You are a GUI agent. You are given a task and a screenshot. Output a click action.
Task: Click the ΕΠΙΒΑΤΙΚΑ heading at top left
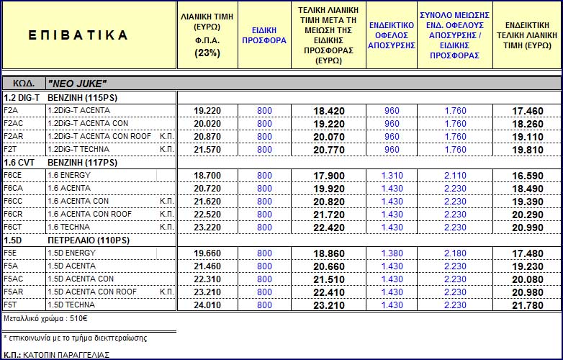tap(81, 35)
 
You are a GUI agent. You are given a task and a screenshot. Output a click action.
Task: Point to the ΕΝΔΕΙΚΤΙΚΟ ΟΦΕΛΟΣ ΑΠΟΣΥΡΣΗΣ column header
tap(392, 35)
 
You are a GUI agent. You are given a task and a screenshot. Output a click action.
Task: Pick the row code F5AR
tap(14, 292)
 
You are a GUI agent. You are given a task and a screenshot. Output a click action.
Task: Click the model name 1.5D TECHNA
tap(71, 305)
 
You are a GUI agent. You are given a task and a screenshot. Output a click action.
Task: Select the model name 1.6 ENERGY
tap(68, 176)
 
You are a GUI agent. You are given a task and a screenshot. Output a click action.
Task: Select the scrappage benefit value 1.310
tap(392, 176)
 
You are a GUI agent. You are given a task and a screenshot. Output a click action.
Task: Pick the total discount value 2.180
tap(455, 253)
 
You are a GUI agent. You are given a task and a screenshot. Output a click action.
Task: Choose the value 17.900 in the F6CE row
tap(328, 176)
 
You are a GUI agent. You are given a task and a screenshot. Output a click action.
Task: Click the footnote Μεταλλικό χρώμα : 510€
tap(45, 318)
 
